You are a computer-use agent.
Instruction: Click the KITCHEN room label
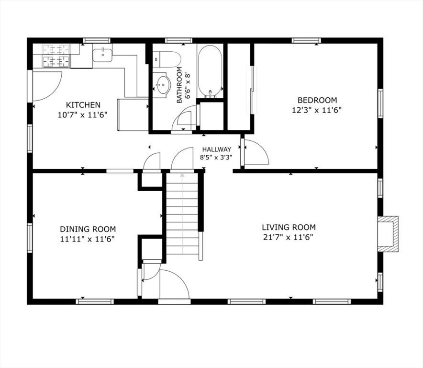(x=83, y=105)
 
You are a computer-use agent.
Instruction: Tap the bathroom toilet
(x=166, y=59)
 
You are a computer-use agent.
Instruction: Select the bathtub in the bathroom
(x=210, y=71)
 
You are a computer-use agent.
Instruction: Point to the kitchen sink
(x=102, y=55)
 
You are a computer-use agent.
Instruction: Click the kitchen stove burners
(x=56, y=56)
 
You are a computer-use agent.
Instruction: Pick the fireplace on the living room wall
(x=388, y=233)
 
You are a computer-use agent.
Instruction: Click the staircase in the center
(x=182, y=216)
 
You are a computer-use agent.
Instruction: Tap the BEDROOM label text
(x=317, y=100)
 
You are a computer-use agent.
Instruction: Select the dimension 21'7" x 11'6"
(x=289, y=237)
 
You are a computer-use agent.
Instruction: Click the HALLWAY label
(x=216, y=149)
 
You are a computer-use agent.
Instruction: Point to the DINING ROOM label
(x=88, y=229)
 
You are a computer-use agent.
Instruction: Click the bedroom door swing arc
(x=256, y=152)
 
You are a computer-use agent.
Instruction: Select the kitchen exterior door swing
(x=46, y=86)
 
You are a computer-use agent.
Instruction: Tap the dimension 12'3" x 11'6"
(x=317, y=109)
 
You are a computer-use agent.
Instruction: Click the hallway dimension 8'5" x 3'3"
(x=216, y=157)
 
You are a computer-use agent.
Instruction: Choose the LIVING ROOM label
(x=289, y=227)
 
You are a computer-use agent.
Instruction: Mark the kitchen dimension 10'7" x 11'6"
(x=83, y=114)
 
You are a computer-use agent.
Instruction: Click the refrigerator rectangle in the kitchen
(x=133, y=115)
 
